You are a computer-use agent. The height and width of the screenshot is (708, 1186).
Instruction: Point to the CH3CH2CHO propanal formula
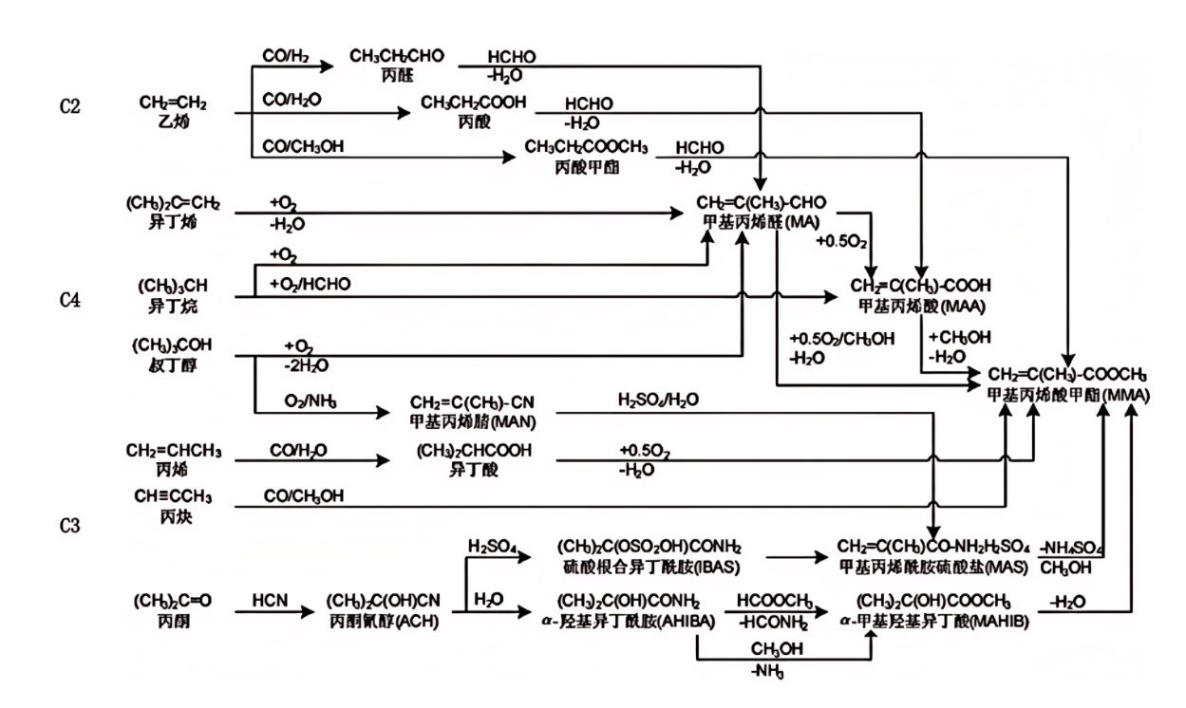[x=396, y=56]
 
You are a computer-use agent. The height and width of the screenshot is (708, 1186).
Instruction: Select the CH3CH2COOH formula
[x=473, y=102]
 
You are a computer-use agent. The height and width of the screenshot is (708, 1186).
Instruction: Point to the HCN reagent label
[x=270, y=601]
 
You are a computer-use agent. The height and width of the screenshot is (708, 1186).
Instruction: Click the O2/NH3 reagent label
[x=309, y=401]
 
